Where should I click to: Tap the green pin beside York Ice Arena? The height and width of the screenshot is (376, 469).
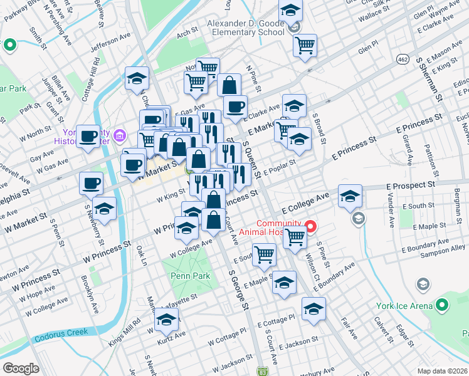pyautogui.click(x=443, y=305)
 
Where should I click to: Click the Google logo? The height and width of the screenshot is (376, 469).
pyautogui.click(x=21, y=368)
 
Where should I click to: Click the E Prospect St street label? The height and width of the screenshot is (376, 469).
pyautogui.click(x=410, y=186)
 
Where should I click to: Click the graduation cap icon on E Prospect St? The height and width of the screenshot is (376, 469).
pyautogui.click(x=350, y=196)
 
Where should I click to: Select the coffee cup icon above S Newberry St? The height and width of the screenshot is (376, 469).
pyautogui.click(x=91, y=183)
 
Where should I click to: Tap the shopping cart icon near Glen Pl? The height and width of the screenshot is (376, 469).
pyautogui.click(x=305, y=44)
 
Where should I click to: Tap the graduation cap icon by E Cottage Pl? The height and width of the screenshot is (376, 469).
pyautogui.click(x=314, y=308)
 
